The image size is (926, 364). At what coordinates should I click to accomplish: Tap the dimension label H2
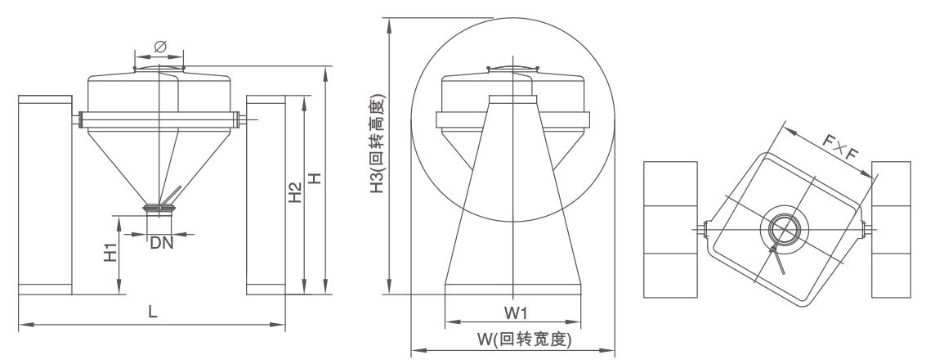click(x=296, y=193)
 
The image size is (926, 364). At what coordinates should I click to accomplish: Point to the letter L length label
click(x=152, y=311)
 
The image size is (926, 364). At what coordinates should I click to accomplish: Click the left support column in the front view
click(x=45, y=195)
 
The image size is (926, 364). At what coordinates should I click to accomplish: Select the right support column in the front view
click(x=266, y=195)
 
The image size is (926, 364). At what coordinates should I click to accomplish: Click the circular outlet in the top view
click(x=782, y=229)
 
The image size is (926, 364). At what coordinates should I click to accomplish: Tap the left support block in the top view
click(x=670, y=229)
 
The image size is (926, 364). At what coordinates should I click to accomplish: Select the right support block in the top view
click(x=891, y=229)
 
